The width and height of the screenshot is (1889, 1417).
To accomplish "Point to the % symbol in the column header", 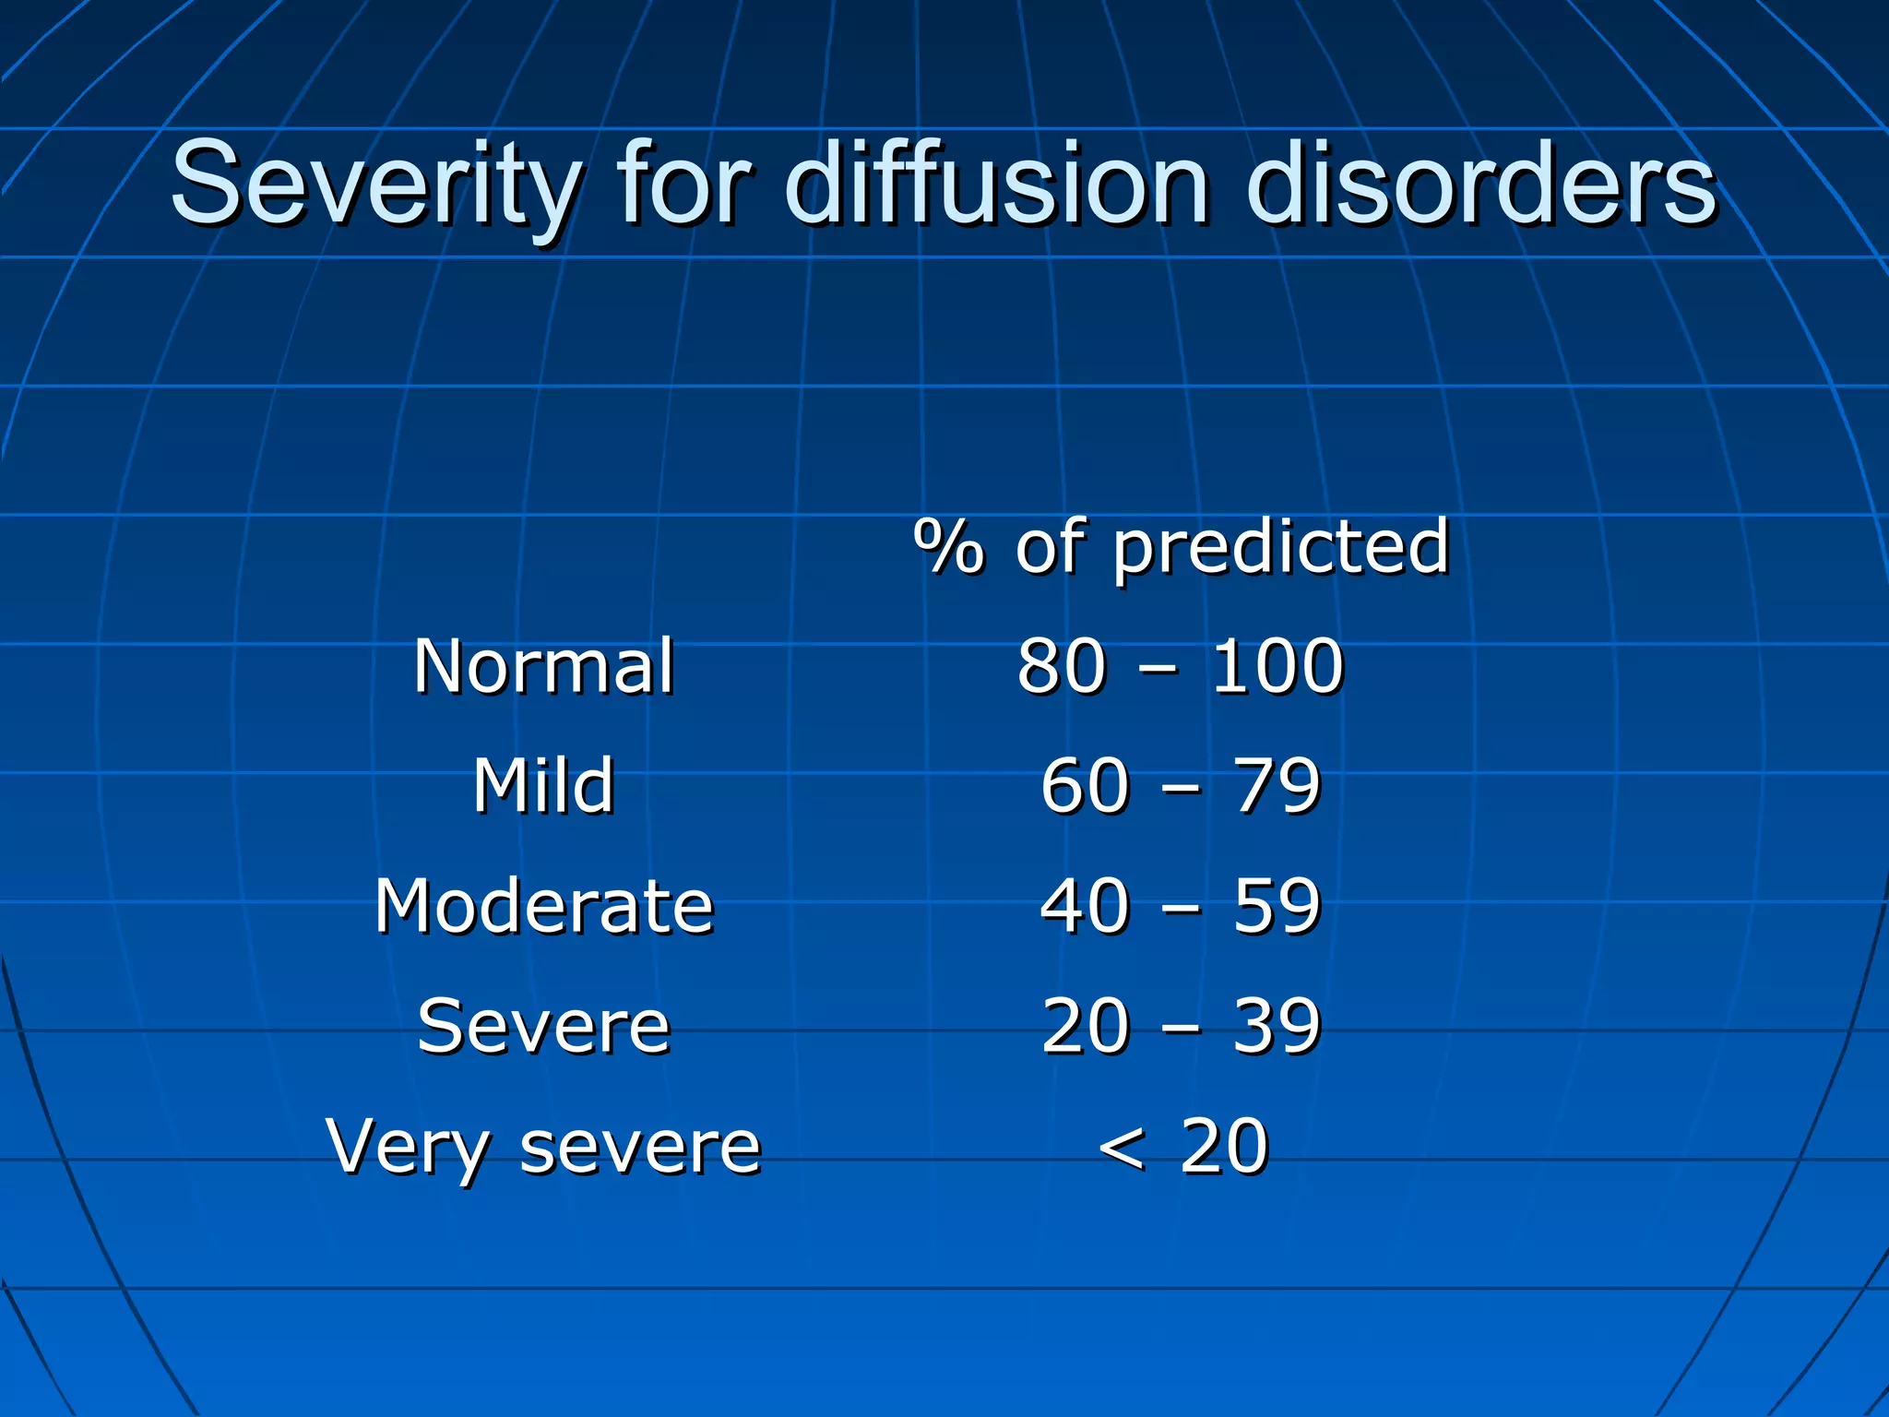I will click(x=949, y=546).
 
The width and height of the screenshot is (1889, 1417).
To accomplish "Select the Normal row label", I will click(x=544, y=665).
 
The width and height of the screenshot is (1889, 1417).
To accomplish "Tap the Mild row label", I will click(x=544, y=785).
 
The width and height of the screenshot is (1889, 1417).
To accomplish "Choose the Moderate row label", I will click(x=544, y=906).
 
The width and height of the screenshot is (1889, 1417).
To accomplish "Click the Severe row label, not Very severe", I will click(x=544, y=1026).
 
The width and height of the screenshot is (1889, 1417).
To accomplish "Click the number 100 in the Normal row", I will click(x=1277, y=665).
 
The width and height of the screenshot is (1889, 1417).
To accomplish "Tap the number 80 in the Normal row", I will click(x=1061, y=665).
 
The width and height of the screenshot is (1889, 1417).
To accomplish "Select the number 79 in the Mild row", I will click(x=1277, y=786).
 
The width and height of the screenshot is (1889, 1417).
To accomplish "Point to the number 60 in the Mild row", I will click(x=1085, y=786).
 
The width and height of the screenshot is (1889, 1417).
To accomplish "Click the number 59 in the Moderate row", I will click(x=1277, y=906).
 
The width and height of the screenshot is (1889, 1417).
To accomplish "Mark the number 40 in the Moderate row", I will click(x=1085, y=906).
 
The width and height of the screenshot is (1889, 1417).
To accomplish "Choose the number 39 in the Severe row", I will click(x=1277, y=1026).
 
